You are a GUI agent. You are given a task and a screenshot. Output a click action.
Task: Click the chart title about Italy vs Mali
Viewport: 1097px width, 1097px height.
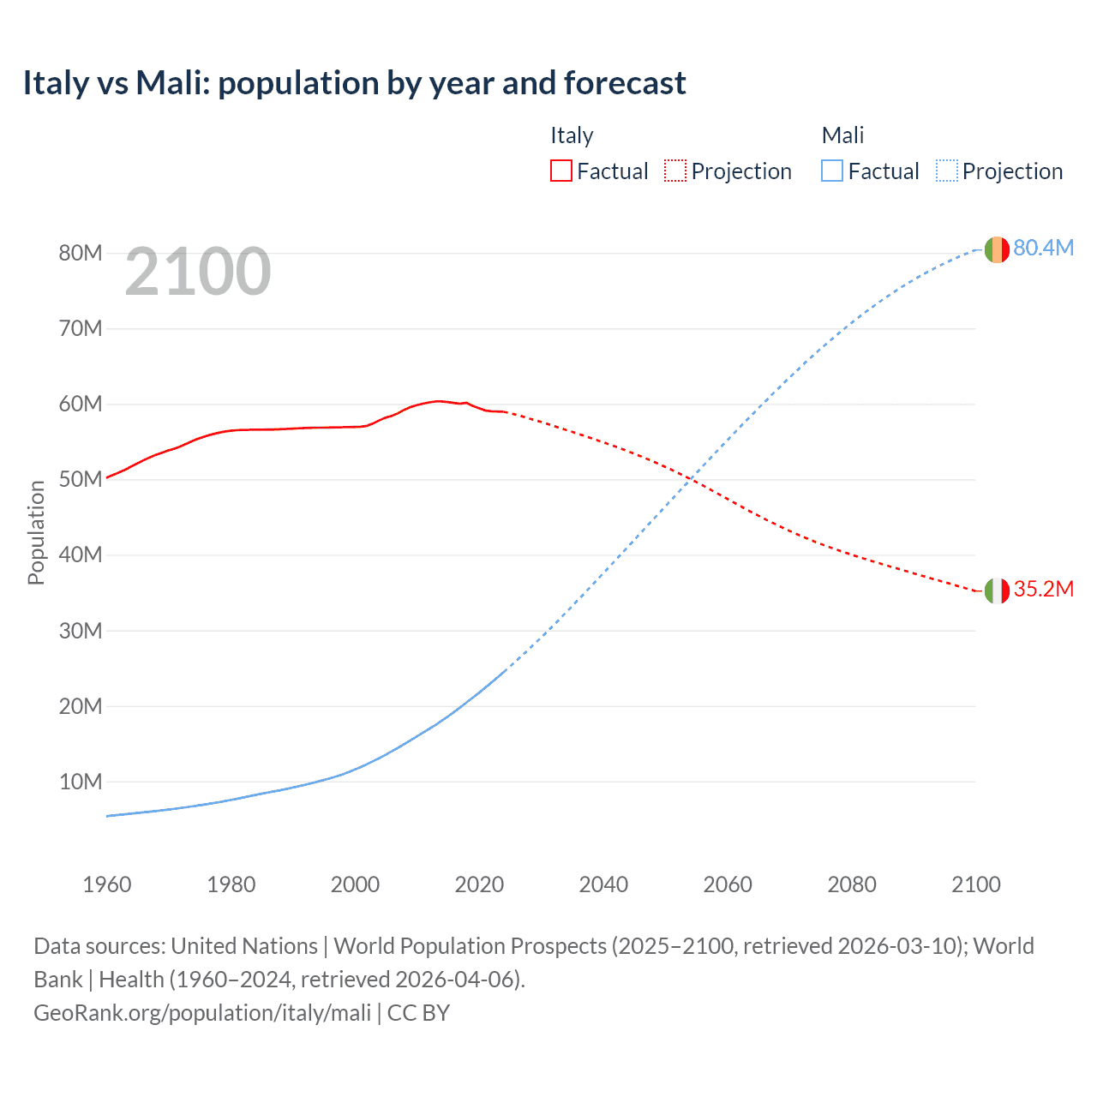354,83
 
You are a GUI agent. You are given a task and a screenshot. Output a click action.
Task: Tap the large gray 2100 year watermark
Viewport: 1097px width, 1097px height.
198,272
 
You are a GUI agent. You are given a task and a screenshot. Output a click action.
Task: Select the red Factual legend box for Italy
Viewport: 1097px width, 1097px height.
560,171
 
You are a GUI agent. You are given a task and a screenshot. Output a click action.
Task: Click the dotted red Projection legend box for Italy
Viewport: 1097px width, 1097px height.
675,171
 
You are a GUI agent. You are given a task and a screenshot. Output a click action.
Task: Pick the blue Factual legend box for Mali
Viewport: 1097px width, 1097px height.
831,171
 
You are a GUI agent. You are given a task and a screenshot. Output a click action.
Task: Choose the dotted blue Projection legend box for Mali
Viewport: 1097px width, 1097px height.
947,171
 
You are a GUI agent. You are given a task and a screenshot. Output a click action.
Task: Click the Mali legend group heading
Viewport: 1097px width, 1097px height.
842,135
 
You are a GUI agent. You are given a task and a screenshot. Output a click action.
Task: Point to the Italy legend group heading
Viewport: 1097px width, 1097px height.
572,135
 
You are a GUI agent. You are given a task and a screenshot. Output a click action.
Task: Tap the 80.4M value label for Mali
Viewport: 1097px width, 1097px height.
1043,248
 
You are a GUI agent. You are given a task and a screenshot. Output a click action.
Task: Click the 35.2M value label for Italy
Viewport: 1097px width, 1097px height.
1043,589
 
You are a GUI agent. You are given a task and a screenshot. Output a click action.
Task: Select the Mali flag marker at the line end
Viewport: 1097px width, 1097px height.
996,249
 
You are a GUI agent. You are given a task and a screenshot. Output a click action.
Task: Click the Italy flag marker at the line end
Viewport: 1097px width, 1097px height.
996,590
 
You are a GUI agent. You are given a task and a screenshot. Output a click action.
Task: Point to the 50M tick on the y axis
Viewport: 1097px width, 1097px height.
81,479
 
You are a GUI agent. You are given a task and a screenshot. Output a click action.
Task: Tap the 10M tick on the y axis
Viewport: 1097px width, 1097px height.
81,782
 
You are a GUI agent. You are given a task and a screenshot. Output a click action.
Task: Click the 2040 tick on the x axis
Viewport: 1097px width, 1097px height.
603,884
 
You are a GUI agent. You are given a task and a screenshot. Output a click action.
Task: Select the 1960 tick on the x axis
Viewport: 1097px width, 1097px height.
107,884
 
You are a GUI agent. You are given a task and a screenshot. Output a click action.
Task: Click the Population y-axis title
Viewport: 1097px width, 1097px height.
36,532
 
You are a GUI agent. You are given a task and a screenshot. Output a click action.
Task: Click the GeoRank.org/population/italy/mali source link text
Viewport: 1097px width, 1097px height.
202,1012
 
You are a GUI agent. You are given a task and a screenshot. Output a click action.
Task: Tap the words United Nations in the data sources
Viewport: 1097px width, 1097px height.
244,946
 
